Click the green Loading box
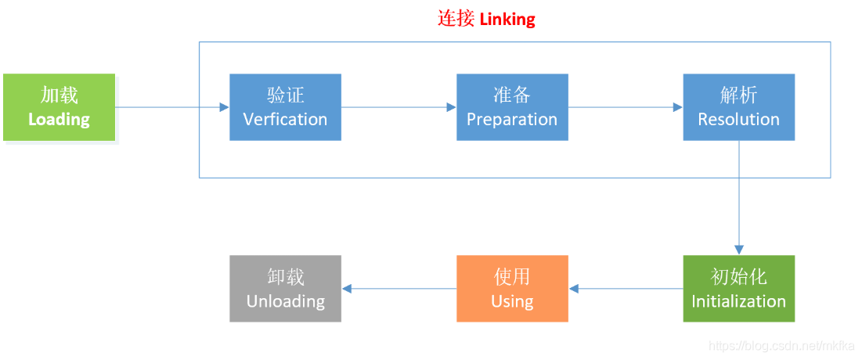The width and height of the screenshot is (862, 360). (x=59, y=107)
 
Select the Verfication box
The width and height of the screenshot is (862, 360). (x=285, y=107)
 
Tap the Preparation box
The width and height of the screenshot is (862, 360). (x=512, y=107)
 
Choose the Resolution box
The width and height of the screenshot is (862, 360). (x=738, y=107)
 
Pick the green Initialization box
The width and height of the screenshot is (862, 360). (x=738, y=289)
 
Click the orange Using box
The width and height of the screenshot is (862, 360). (x=512, y=289)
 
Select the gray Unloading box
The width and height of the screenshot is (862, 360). (x=285, y=289)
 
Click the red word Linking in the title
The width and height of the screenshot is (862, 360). (x=507, y=19)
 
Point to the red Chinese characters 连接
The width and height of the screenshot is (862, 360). (x=456, y=19)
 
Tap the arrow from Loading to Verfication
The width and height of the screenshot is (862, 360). (x=172, y=107)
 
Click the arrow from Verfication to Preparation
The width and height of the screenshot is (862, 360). (x=399, y=107)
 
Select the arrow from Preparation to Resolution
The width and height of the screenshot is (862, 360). (x=626, y=107)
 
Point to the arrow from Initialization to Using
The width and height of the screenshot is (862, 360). (x=626, y=289)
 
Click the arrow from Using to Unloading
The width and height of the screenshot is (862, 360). (x=399, y=289)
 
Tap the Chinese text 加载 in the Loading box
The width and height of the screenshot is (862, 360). (x=59, y=95)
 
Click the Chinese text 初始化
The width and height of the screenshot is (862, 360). (x=738, y=277)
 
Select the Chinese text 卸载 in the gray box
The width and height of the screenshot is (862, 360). (x=285, y=277)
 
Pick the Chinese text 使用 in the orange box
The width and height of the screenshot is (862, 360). (x=512, y=277)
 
